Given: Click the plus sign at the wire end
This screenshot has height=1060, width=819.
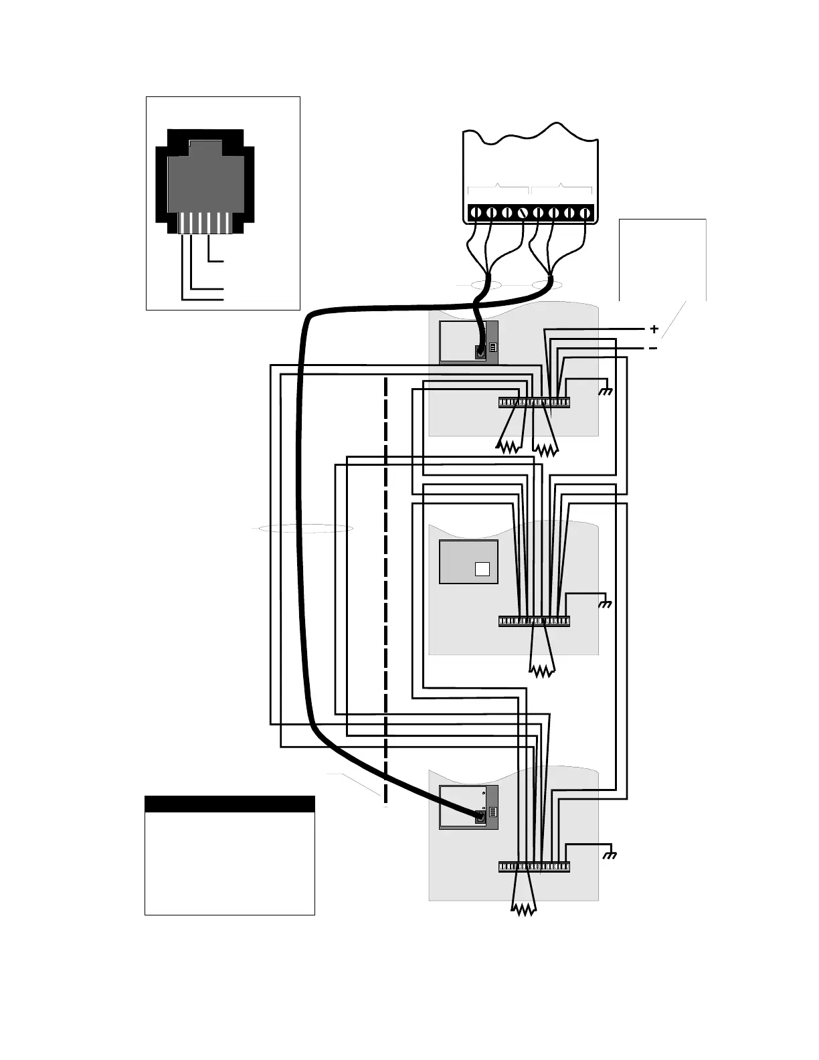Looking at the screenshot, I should click(654, 329).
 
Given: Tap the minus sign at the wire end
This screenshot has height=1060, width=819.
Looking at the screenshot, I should click(653, 348).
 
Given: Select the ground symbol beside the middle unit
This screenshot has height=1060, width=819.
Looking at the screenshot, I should click(606, 604).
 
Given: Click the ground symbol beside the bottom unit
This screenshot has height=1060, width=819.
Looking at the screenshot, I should click(610, 855).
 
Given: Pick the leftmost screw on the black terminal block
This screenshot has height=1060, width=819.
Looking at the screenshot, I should click(475, 213).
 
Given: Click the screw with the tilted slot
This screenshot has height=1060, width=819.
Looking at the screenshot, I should click(523, 213).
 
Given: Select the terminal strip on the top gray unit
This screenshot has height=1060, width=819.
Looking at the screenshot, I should click(534, 402).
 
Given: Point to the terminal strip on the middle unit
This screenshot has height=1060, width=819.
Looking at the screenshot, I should click(534, 621).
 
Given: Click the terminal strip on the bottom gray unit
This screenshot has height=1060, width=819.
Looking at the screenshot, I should click(534, 867).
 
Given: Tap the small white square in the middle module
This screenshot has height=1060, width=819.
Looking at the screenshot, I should click(482, 569).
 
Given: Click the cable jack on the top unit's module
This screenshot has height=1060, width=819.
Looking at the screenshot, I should click(480, 351).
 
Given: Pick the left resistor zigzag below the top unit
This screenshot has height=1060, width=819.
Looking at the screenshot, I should click(509, 446).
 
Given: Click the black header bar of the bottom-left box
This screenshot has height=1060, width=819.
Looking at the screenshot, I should click(230, 804).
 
